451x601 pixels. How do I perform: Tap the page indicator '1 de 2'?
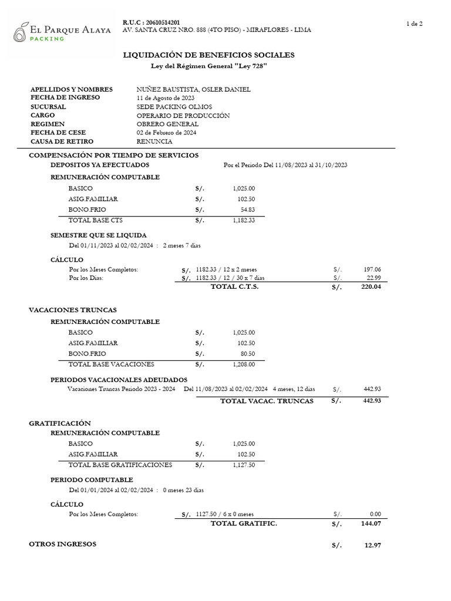[x=414, y=23]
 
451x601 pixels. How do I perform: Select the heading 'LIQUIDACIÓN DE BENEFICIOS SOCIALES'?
[x=208, y=55]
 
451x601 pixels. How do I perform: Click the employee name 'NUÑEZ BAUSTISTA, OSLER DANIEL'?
[x=193, y=89]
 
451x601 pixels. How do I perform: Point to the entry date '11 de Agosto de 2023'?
[x=165, y=97]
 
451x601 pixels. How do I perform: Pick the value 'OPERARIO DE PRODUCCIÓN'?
[x=183, y=116]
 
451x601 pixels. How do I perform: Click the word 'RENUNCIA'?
[x=154, y=141]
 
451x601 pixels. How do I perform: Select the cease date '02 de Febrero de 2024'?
[x=166, y=133]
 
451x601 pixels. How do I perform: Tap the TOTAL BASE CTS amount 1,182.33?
[x=244, y=220]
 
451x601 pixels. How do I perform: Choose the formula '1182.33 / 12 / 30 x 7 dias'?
[x=230, y=278]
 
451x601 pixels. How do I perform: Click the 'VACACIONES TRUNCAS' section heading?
[x=73, y=309]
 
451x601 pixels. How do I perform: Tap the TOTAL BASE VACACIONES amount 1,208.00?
[x=244, y=364]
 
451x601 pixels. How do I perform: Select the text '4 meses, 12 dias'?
[x=294, y=389]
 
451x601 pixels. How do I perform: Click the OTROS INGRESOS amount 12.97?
[x=372, y=546]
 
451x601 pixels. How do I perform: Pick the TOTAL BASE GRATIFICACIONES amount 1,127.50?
[x=244, y=465]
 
